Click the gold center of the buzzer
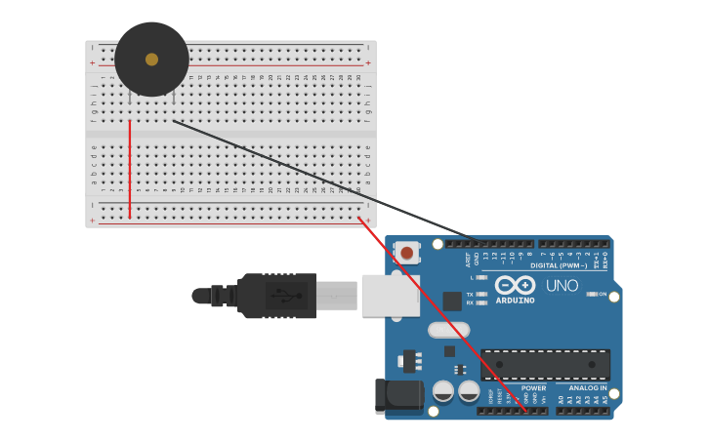pos(151,60)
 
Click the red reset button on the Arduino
pos(407,253)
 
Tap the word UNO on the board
pos(562,286)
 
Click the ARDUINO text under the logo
pos(515,301)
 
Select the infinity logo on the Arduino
pos(515,285)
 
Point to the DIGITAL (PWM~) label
pos(559,265)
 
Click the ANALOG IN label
pos(588,387)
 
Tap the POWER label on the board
pos(533,387)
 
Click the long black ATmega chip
pos(545,365)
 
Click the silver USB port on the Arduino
pos(390,295)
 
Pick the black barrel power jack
pos(399,395)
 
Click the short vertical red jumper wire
pos(129,168)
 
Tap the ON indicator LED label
pos(603,294)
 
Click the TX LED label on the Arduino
pos(470,294)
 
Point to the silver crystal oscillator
pos(448,330)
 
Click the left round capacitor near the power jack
pos(443,391)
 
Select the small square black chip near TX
pos(452,301)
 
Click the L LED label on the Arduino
pos(471,277)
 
